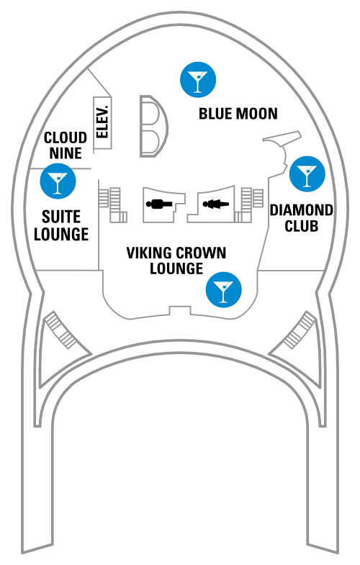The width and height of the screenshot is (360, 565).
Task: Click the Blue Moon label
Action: click(x=238, y=114)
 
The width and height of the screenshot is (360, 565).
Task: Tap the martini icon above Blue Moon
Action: click(x=198, y=80)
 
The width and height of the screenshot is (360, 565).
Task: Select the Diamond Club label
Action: click(x=302, y=218)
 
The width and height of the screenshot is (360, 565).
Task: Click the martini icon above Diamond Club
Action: click(x=307, y=173)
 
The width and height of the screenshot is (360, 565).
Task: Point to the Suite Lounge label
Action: click(x=61, y=225)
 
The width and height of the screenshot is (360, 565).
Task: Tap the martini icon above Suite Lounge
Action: click(x=58, y=181)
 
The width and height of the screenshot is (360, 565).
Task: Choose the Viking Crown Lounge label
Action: click(x=176, y=261)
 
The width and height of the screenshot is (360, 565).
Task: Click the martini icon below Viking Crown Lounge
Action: click(x=223, y=290)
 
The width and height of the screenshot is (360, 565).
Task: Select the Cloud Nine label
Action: click(x=66, y=145)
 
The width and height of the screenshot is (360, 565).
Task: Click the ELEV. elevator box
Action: click(x=103, y=123)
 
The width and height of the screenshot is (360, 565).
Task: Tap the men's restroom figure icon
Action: click(x=159, y=204)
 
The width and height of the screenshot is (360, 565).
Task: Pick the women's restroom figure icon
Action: click(x=216, y=204)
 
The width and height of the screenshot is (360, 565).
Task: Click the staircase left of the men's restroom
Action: click(x=112, y=204)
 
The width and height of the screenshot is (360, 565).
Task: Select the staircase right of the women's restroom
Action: click(x=248, y=204)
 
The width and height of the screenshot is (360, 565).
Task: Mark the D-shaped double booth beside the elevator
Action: click(x=154, y=126)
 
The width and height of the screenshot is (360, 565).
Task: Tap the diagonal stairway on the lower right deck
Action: click(x=299, y=330)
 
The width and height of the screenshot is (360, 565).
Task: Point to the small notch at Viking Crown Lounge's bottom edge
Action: click(x=180, y=311)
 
